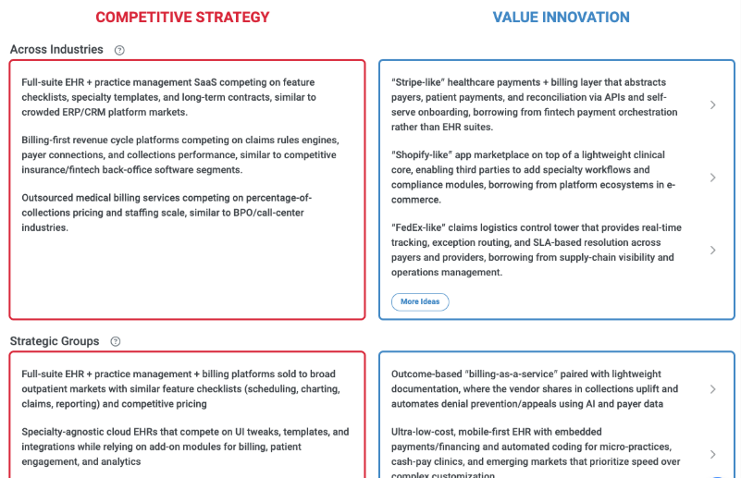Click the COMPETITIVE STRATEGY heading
coord(182,17)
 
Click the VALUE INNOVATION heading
coord(561,17)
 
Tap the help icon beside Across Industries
coord(119,50)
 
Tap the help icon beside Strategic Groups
coord(116,341)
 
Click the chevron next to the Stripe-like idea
coord(712,104)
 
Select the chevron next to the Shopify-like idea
coord(712,178)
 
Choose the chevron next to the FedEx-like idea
coord(712,250)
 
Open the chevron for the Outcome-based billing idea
coord(712,389)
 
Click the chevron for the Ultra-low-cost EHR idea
coord(712,454)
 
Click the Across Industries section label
coord(56,50)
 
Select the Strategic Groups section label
coord(55,341)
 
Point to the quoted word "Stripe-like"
coord(421,82)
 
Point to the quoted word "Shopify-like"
coord(425,155)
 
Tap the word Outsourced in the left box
coord(50,198)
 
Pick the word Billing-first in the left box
coord(50,141)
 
